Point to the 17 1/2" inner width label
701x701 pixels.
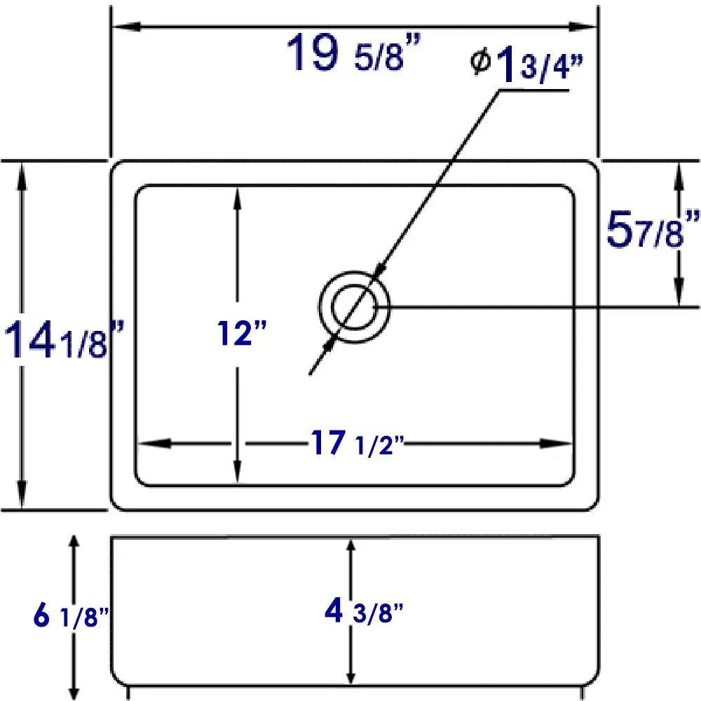357,444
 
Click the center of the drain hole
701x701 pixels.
354,308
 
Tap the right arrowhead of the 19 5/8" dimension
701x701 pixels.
585,27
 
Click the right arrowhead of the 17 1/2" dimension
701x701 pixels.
561,443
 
